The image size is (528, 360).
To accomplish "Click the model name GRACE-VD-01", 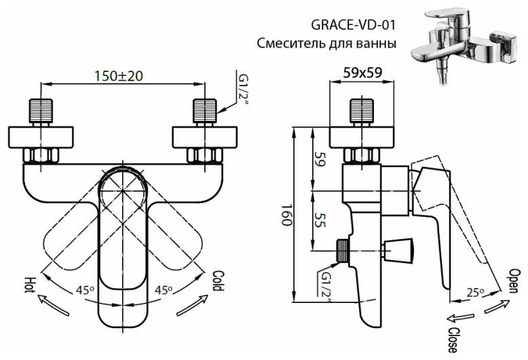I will pyautogui.click(x=354, y=26).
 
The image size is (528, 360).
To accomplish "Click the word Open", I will pyautogui.click(x=514, y=279).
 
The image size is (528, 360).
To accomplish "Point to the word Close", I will pyautogui.click(x=453, y=338).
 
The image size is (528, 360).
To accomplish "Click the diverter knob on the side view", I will pyautogui.click(x=397, y=249).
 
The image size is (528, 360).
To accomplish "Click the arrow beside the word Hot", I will pyautogui.click(x=53, y=306).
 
